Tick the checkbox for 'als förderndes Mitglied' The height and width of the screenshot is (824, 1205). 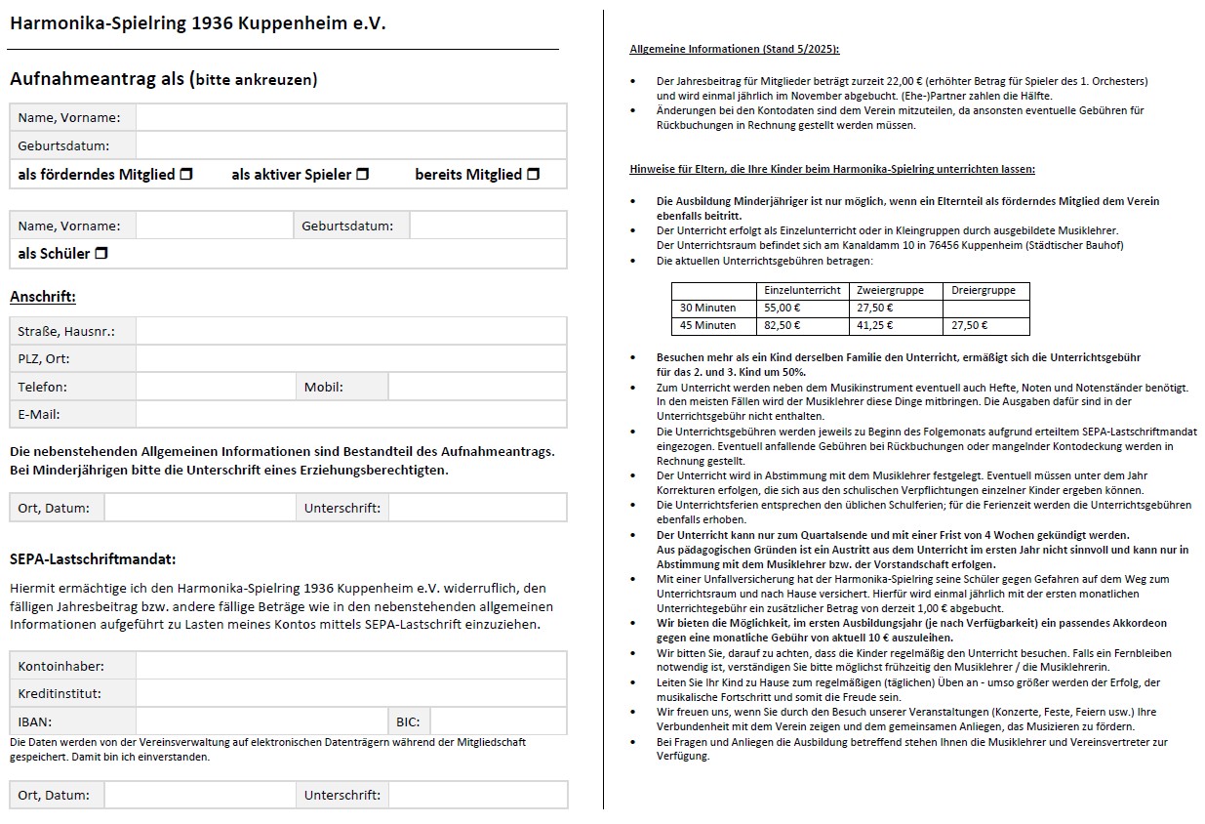(x=186, y=175)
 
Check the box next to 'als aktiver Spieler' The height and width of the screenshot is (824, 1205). (x=363, y=175)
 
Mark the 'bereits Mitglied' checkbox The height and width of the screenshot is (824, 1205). (x=534, y=175)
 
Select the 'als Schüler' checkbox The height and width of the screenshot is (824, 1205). (x=101, y=254)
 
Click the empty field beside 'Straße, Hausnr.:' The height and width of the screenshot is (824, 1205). (x=350, y=331)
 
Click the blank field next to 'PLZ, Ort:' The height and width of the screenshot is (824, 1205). (x=350, y=358)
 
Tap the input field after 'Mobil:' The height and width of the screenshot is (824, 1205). (x=476, y=387)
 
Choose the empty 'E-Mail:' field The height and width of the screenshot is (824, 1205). (x=350, y=414)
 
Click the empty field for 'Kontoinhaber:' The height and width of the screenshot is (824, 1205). (x=350, y=666)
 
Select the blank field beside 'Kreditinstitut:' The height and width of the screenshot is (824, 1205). (x=350, y=694)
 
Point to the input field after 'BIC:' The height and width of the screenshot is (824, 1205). (x=498, y=722)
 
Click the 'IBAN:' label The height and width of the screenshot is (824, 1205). (x=35, y=722)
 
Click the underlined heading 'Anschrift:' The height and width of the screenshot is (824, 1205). (x=43, y=297)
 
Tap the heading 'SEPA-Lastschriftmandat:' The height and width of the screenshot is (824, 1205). (x=93, y=559)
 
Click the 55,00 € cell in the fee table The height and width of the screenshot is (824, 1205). (x=783, y=308)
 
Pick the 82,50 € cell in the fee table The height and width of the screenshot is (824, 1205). (x=783, y=325)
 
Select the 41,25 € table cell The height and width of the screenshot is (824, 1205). (x=874, y=325)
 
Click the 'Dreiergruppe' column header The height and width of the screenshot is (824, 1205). (x=984, y=290)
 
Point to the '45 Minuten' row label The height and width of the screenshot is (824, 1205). (x=708, y=325)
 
